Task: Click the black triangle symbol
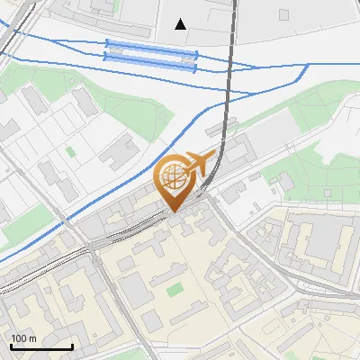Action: point(181,23)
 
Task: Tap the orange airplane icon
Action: point(202,165)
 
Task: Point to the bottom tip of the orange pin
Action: point(172,211)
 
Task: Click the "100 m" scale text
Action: point(23,338)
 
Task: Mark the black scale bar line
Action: point(41,346)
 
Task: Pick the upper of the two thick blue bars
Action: point(150,44)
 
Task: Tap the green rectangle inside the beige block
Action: point(175,289)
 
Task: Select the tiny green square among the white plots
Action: point(70,152)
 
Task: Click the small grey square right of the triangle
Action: point(284,14)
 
